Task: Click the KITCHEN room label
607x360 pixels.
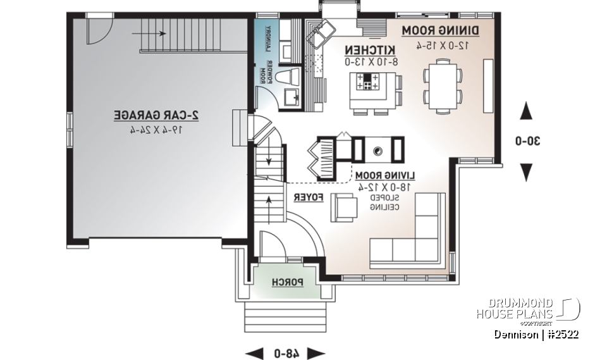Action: pyautogui.click(x=370, y=49)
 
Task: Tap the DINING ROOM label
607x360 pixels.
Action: pyautogui.click(x=441, y=30)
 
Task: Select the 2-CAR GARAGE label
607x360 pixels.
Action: pyautogui.click(x=156, y=115)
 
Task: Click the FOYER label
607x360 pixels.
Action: pyautogui.click(x=309, y=197)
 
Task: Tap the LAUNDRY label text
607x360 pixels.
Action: pyautogui.click(x=268, y=39)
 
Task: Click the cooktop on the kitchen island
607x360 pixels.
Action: pyautogui.click(x=368, y=81)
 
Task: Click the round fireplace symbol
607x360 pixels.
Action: pyautogui.click(x=377, y=151)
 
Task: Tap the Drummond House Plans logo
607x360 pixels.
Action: pyautogui.click(x=528, y=309)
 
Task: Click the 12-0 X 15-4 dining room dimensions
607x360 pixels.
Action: pyautogui.click(x=441, y=45)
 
